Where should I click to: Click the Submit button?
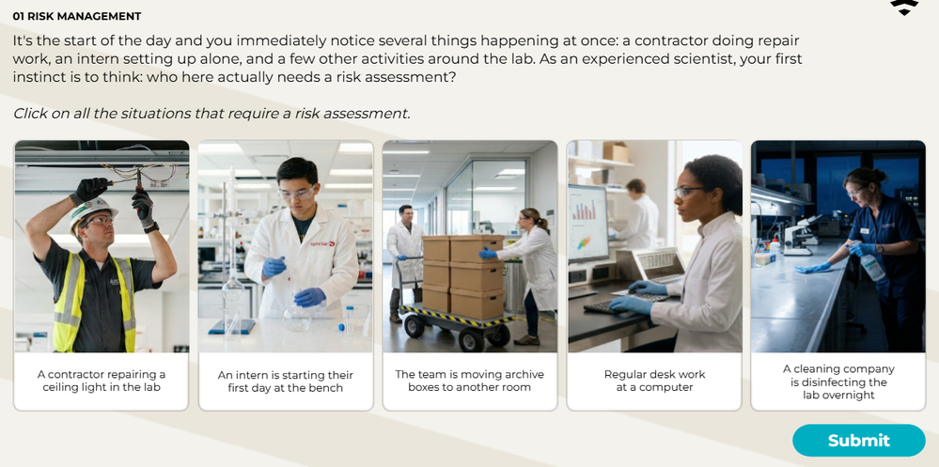coord(859,441)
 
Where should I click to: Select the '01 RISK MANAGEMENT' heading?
coord(77,16)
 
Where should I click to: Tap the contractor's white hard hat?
coord(91,212)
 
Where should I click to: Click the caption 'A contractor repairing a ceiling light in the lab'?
coord(102,381)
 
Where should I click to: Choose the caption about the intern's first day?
coord(286,381)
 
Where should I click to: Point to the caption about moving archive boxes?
coord(470,381)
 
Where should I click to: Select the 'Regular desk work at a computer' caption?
coord(654,381)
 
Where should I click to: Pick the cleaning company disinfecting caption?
coord(838,382)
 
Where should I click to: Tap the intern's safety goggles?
coord(297,194)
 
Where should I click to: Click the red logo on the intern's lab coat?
coord(322,243)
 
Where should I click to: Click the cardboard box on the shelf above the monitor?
coord(616,152)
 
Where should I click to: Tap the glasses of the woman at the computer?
coord(689,191)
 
